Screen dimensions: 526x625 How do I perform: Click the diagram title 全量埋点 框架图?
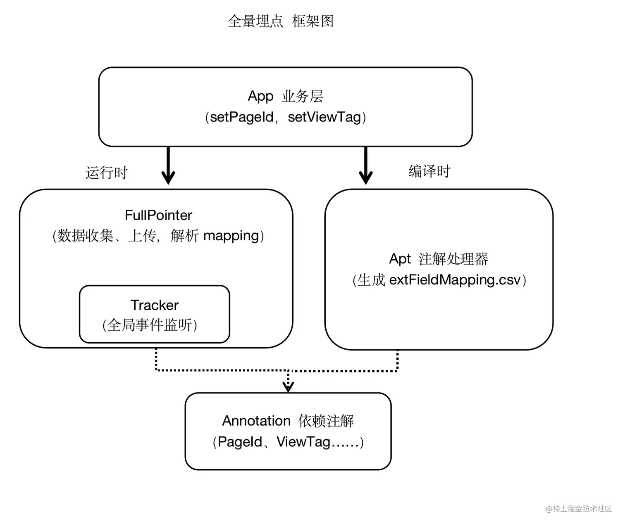click(x=281, y=21)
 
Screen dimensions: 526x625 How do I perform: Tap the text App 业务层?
click(x=285, y=96)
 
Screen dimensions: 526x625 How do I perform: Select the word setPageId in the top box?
click(x=242, y=117)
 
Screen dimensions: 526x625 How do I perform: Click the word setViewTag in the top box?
click(x=324, y=117)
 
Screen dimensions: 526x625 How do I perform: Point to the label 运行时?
click(x=107, y=173)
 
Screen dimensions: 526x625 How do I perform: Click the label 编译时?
click(x=429, y=171)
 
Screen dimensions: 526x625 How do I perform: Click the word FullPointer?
click(x=158, y=215)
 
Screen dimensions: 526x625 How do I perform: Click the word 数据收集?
click(x=85, y=236)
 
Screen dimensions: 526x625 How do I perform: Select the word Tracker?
click(x=155, y=305)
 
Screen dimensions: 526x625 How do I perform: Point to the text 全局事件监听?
click(x=150, y=325)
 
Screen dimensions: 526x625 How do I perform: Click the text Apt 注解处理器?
click(x=439, y=259)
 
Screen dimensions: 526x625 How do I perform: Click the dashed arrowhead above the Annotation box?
click(x=288, y=386)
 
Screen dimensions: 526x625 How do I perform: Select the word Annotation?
click(x=256, y=421)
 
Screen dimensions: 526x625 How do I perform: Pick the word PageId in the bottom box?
click(x=240, y=442)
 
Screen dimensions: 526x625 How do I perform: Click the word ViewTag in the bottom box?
click(x=303, y=442)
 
